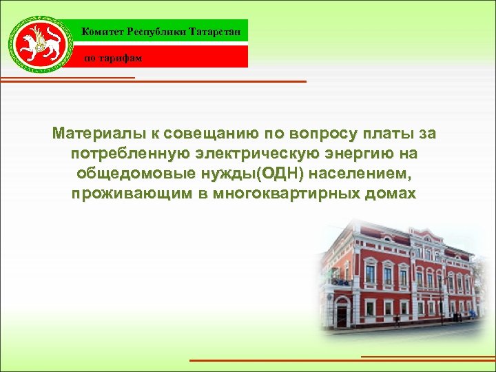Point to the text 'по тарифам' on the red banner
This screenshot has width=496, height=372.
pyautogui.click(x=113, y=58)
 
